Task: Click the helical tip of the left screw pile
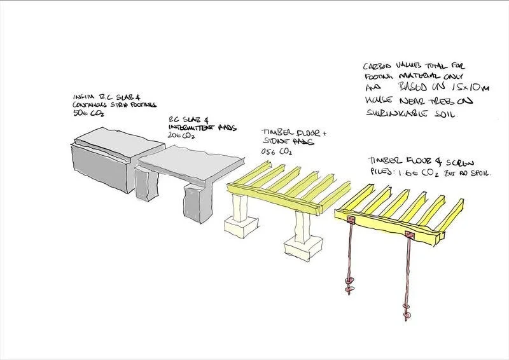349,286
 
